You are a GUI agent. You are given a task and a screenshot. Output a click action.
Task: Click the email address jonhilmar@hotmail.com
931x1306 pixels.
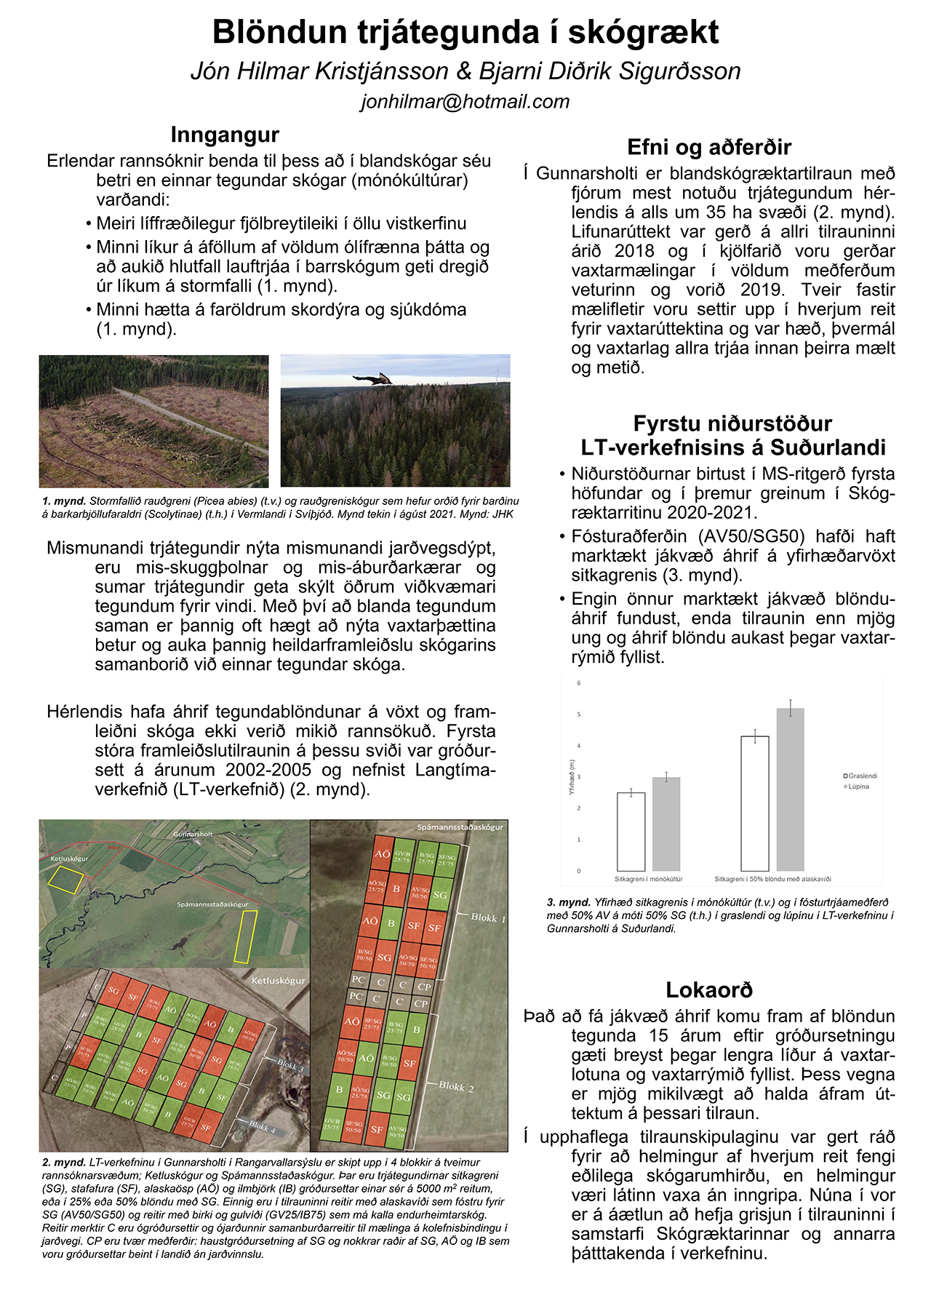pyautogui.click(x=465, y=102)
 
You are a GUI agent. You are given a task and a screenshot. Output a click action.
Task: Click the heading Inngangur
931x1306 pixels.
pyautogui.click(x=225, y=135)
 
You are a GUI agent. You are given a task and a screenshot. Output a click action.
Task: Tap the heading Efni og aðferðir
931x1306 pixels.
pyautogui.click(x=708, y=148)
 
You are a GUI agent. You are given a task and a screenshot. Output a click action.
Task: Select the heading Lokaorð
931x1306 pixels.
pyautogui.click(x=708, y=990)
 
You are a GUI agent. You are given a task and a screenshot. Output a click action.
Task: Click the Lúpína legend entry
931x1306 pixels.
pyautogui.click(x=858, y=787)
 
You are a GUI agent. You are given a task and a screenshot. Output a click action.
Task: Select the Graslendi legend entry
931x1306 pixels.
pyautogui.click(x=861, y=776)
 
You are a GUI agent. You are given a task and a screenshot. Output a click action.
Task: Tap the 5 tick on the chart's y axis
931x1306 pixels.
pyautogui.click(x=579, y=714)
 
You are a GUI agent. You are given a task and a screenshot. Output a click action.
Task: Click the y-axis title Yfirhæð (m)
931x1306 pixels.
pyautogui.click(x=572, y=777)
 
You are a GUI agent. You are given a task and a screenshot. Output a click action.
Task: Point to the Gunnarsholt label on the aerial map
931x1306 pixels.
pyautogui.click(x=193, y=835)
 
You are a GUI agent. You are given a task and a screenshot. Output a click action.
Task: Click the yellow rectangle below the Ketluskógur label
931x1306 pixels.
pyautogui.click(x=64, y=880)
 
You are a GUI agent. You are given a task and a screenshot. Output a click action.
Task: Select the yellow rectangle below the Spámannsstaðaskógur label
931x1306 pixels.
pyautogui.click(x=244, y=937)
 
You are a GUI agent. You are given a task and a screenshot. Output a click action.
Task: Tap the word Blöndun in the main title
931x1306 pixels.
pyautogui.click(x=279, y=33)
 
